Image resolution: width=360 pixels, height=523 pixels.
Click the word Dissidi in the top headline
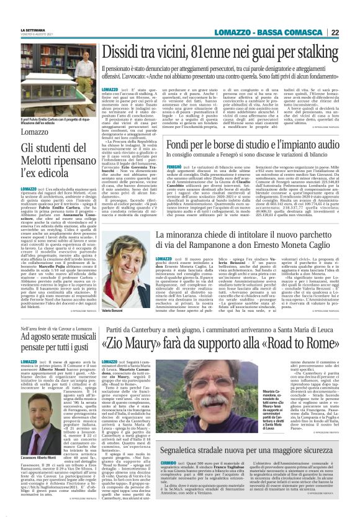123,52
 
